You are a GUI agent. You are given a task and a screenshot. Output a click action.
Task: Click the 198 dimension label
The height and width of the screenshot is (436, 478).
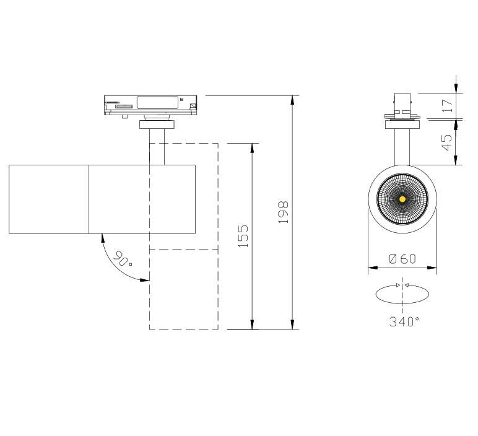coord(283,212)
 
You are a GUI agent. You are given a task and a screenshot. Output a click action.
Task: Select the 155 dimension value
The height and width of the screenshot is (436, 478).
coord(243,237)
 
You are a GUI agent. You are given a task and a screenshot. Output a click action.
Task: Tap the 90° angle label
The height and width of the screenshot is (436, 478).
coord(122,258)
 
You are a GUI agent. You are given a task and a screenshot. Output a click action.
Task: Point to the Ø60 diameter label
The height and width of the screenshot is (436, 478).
coord(402,259)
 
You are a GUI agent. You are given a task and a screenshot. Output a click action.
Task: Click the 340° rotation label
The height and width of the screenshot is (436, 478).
coord(404,321)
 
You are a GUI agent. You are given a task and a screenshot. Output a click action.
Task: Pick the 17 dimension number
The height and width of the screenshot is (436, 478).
coord(447,105)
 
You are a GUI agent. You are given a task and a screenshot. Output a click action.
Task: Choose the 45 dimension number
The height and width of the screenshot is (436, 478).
coord(447,142)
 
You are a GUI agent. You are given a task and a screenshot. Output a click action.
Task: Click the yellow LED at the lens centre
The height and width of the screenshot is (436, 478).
coord(402,199)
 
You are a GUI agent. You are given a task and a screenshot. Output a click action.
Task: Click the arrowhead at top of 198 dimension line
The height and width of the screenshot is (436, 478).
coord(292,100)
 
